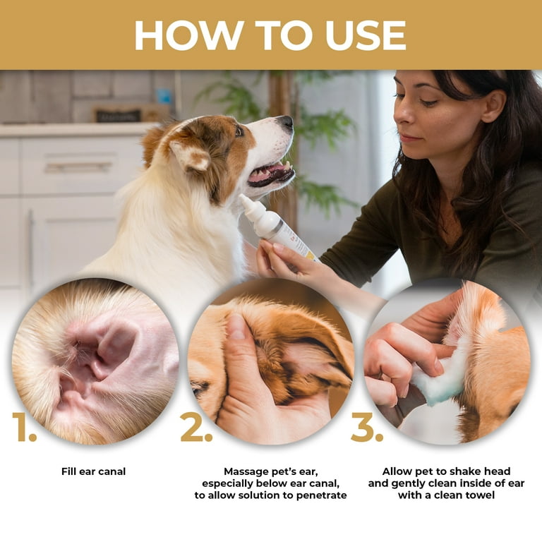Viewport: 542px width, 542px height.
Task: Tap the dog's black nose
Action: [x=286, y=124]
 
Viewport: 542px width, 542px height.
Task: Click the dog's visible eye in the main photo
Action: [x=239, y=131]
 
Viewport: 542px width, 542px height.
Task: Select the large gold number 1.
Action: [x=24, y=427]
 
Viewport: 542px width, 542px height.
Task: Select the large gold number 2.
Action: [x=195, y=427]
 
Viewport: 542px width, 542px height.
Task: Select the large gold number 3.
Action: [x=366, y=427]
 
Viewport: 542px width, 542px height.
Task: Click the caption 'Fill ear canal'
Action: [x=93, y=471]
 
